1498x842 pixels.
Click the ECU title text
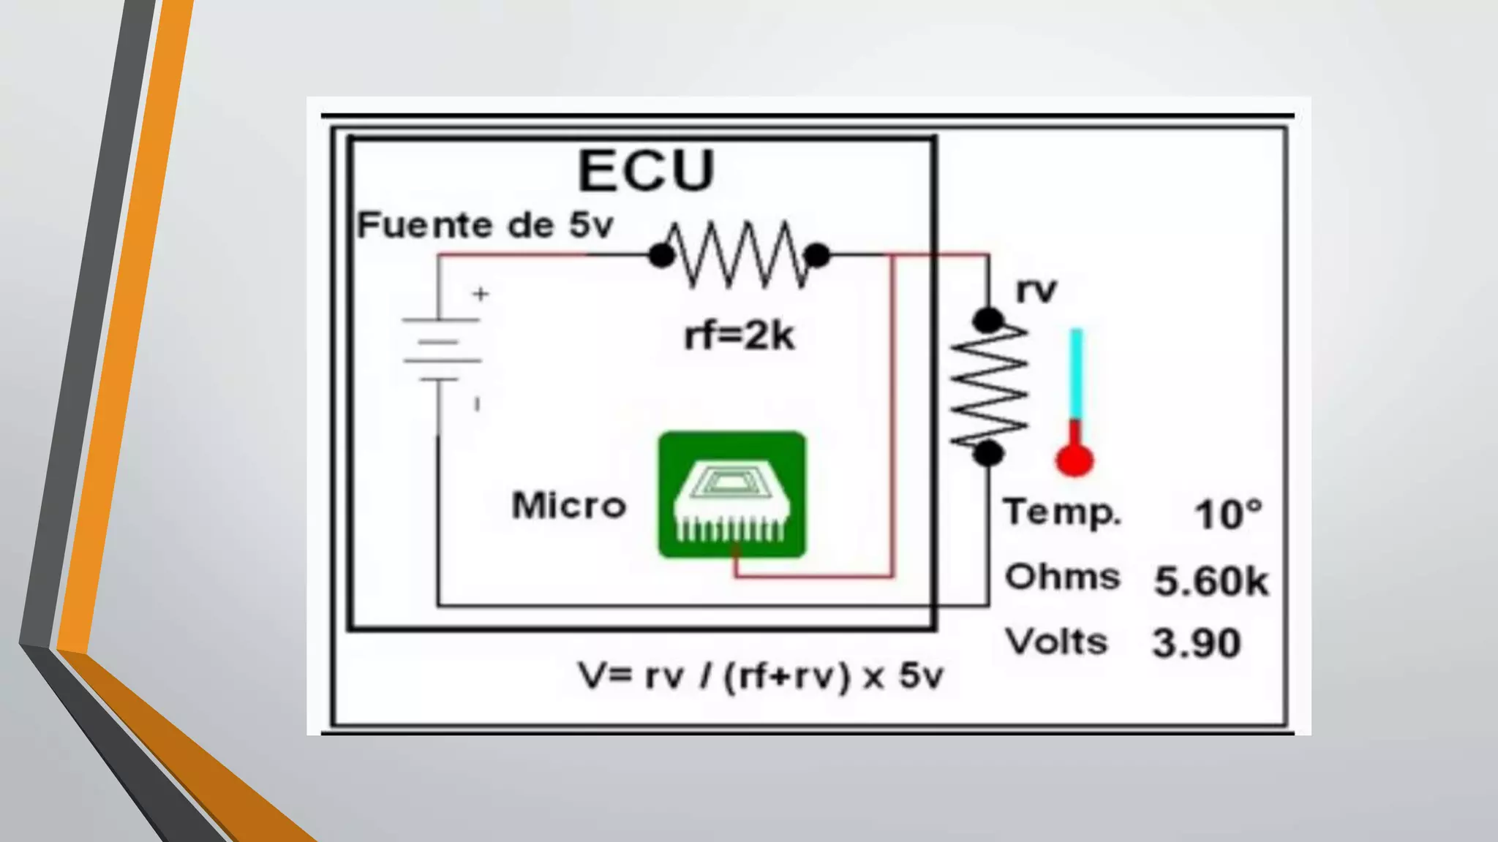click(x=646, y=170)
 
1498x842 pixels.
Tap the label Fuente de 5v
click(x=484, y=225)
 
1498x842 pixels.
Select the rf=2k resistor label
click(x=739, y=336)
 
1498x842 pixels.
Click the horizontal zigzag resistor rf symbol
click(x=739, y=254)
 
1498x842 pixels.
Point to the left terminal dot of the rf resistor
click(x=662, y=256)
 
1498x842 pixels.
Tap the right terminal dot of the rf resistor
click(x=816, y=255)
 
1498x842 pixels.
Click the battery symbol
click(x=440, y=349)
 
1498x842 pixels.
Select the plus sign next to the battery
click(x=481, y=294)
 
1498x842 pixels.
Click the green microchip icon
click(x=732, y=495)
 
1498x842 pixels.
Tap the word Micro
click(x=569, y=506)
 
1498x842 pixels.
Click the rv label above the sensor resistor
click(x=1036, y=290)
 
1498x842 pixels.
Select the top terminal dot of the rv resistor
click(x=988, y=320)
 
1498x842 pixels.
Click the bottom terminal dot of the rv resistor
click(x=988, y=453)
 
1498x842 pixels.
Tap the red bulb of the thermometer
click(x=1074, y=460)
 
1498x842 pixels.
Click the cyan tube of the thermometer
click(x=1076, y=373)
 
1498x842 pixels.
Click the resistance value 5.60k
click(x=1211, y=581)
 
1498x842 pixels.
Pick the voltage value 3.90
click(x=1197, y=643)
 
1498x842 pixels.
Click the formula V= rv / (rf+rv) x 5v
click(x=761, y=675)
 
